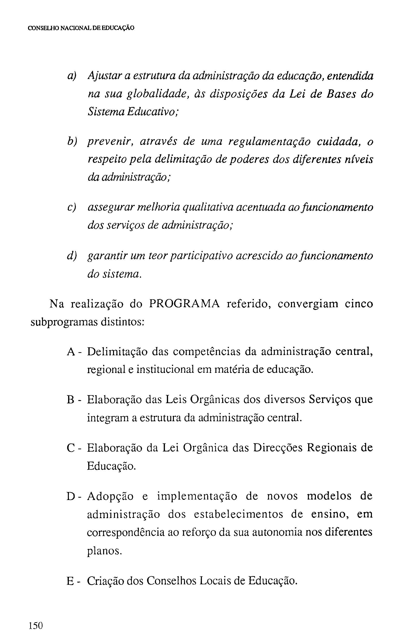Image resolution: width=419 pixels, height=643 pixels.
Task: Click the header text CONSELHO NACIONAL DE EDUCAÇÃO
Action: [81, 28]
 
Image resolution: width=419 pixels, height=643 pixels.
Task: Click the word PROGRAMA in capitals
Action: [185, 304]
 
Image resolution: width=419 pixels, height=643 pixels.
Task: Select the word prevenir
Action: [110, 142]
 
